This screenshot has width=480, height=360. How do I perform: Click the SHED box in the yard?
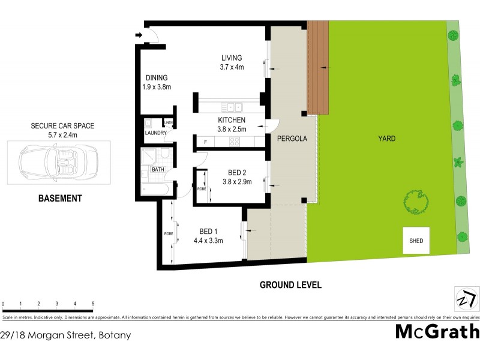[416, 241]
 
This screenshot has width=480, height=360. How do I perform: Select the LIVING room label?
[231, 58]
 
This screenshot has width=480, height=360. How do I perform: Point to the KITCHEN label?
[232, 120]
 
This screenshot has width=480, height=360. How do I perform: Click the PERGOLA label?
[292, 139]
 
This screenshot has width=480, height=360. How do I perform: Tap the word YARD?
[386, 139]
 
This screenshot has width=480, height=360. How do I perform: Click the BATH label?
[158, 170]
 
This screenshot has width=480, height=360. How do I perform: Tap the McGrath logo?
[437, 331]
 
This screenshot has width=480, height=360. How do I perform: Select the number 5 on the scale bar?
[93, 304]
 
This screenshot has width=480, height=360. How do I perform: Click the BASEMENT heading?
[60, 199]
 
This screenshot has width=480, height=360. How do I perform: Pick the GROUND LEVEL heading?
[290, 285]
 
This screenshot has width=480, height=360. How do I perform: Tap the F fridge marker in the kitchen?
[205, 142]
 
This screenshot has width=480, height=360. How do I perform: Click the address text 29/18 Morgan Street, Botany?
[65, 335]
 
